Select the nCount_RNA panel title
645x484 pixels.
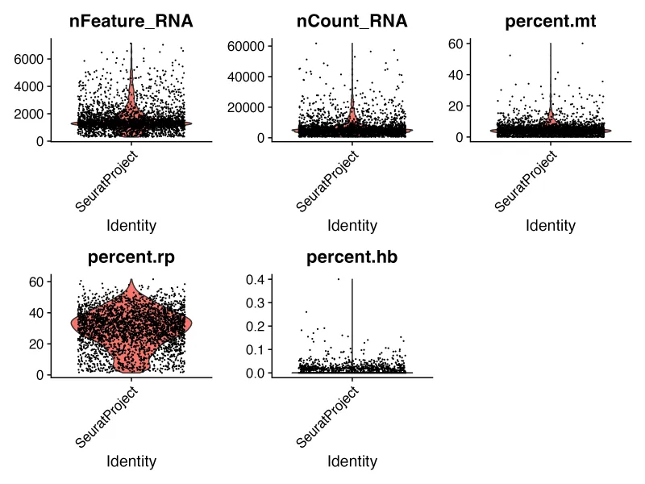352,22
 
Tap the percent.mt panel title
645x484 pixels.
551,22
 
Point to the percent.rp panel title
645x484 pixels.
131,258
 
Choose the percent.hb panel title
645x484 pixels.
352,258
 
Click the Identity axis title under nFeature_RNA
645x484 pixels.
131,226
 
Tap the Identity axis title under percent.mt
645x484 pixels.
551,226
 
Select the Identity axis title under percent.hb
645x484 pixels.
352,462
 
